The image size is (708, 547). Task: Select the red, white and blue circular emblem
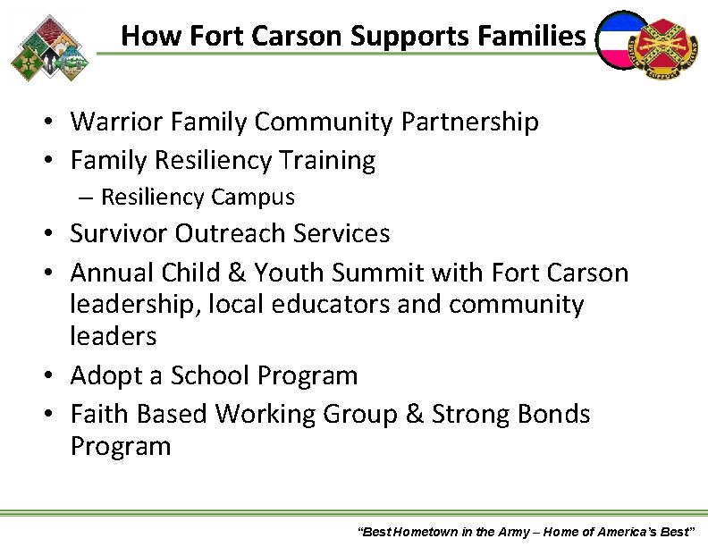(x=623, y=41)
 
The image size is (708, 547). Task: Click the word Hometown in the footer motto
(x=424, y=532)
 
